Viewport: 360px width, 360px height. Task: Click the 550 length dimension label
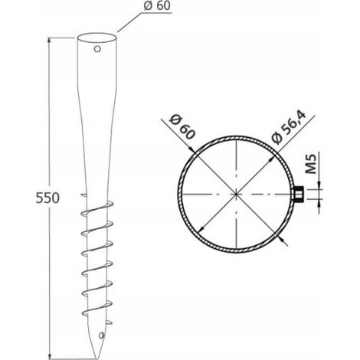click(x=47, y=198)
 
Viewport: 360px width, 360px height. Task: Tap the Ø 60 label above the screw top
click(x=157, y=5)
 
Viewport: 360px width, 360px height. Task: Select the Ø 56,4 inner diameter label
click(x=289, y=127)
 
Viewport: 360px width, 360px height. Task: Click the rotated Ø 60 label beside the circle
click(x=182, y=126)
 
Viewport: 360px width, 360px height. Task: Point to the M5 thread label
click(x=311, y=164)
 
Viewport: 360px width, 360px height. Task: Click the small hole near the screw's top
click(x=97, y=49)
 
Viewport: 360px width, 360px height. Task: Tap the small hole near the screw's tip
click(x=102, y=335)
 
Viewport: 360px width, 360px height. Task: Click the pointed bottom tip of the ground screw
click(x=97, y=358)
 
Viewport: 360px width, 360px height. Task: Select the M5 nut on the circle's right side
click(x=298, y=195)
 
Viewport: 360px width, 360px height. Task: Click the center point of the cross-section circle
click(x=237, y=195)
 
